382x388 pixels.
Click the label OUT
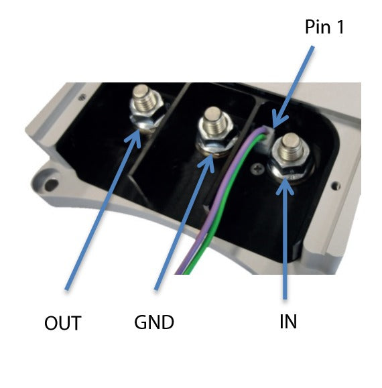pyautogui.click(x=63, y=323)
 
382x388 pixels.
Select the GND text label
pyautogui.click(x=154, y=322)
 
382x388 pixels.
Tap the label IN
pyautogui.click(x=288, y=322)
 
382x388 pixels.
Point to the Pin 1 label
pyautogui.click(x=324, y=27)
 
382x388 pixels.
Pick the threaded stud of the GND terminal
pyautogui.click(x=213, y=120)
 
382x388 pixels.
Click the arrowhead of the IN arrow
pyautogui.click(x=285, y=186)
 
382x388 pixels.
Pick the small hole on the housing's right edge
pyautogui.click(x=336, y=185)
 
